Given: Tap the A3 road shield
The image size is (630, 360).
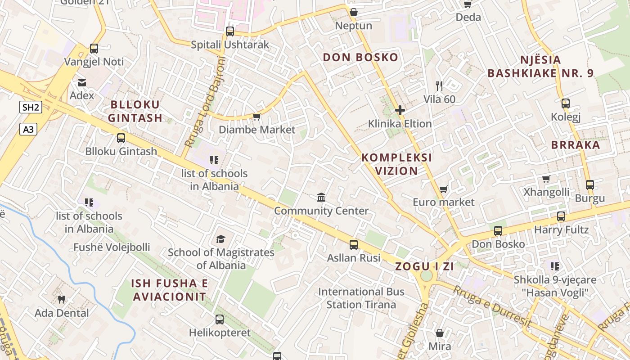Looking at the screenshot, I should (x=28, y=130).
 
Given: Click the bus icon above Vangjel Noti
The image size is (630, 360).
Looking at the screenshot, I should (x=94, y=49).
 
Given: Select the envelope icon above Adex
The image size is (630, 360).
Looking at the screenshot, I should (x=81, y=83).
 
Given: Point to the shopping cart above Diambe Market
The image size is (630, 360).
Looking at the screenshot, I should (x=256, y=117).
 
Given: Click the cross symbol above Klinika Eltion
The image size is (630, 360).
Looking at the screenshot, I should (x=400, y=110).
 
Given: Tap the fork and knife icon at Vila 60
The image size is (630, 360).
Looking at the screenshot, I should (x=439, y=86).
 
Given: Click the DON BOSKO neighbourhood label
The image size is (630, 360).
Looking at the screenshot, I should (x=360, y=57).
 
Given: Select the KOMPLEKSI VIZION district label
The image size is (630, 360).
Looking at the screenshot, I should (x=396, y=164).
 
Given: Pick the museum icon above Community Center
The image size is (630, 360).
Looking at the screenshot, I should (x=321, y=198).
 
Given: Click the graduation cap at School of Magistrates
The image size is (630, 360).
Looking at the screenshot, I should (x=220, y=239).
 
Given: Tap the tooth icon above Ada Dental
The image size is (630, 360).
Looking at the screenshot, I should (x=62, y=300).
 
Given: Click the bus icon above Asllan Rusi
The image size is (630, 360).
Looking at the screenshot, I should (x=354, y=245).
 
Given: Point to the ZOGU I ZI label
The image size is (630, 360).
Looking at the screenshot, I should (x=424, y=266).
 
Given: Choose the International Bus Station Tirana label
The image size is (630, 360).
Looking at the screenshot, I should (x=361, y=298).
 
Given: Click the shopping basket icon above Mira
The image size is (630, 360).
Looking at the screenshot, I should (x=439, y=333).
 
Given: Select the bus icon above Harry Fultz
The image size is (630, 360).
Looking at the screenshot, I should (x=561, y=216).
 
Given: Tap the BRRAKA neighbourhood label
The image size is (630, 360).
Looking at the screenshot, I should (x=576, y=145).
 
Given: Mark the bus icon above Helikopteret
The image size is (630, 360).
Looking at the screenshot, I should (x=219, y=319).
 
